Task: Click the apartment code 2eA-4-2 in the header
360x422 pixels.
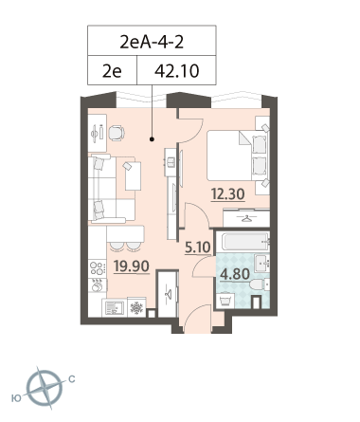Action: [152, 42]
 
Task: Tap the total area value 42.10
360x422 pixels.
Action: [176, 71]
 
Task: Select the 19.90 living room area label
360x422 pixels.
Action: [132, 266]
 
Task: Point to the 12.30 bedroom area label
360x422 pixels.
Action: [228, 193]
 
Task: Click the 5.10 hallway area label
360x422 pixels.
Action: [198, 248]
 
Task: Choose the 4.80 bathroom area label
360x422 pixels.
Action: [235, 274]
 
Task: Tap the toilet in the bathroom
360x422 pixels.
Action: [260, 284]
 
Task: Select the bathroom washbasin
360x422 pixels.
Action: [262, 264]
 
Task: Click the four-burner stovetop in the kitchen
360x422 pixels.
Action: [98, 268]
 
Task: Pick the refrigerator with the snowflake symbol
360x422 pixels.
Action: [136, 307]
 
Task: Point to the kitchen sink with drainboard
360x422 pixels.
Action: [114, 308]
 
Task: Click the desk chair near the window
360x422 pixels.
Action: [117, 133]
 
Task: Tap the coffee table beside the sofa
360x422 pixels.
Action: [133, 176]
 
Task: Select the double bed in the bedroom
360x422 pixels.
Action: [238, 156]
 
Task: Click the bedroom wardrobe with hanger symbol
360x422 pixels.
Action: [246, 218]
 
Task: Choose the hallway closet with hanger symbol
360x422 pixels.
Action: [168, 294]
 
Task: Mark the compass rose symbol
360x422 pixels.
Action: [45, 389]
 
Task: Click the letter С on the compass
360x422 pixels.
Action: [72, 379]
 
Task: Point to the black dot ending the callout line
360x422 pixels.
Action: [152, 138]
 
